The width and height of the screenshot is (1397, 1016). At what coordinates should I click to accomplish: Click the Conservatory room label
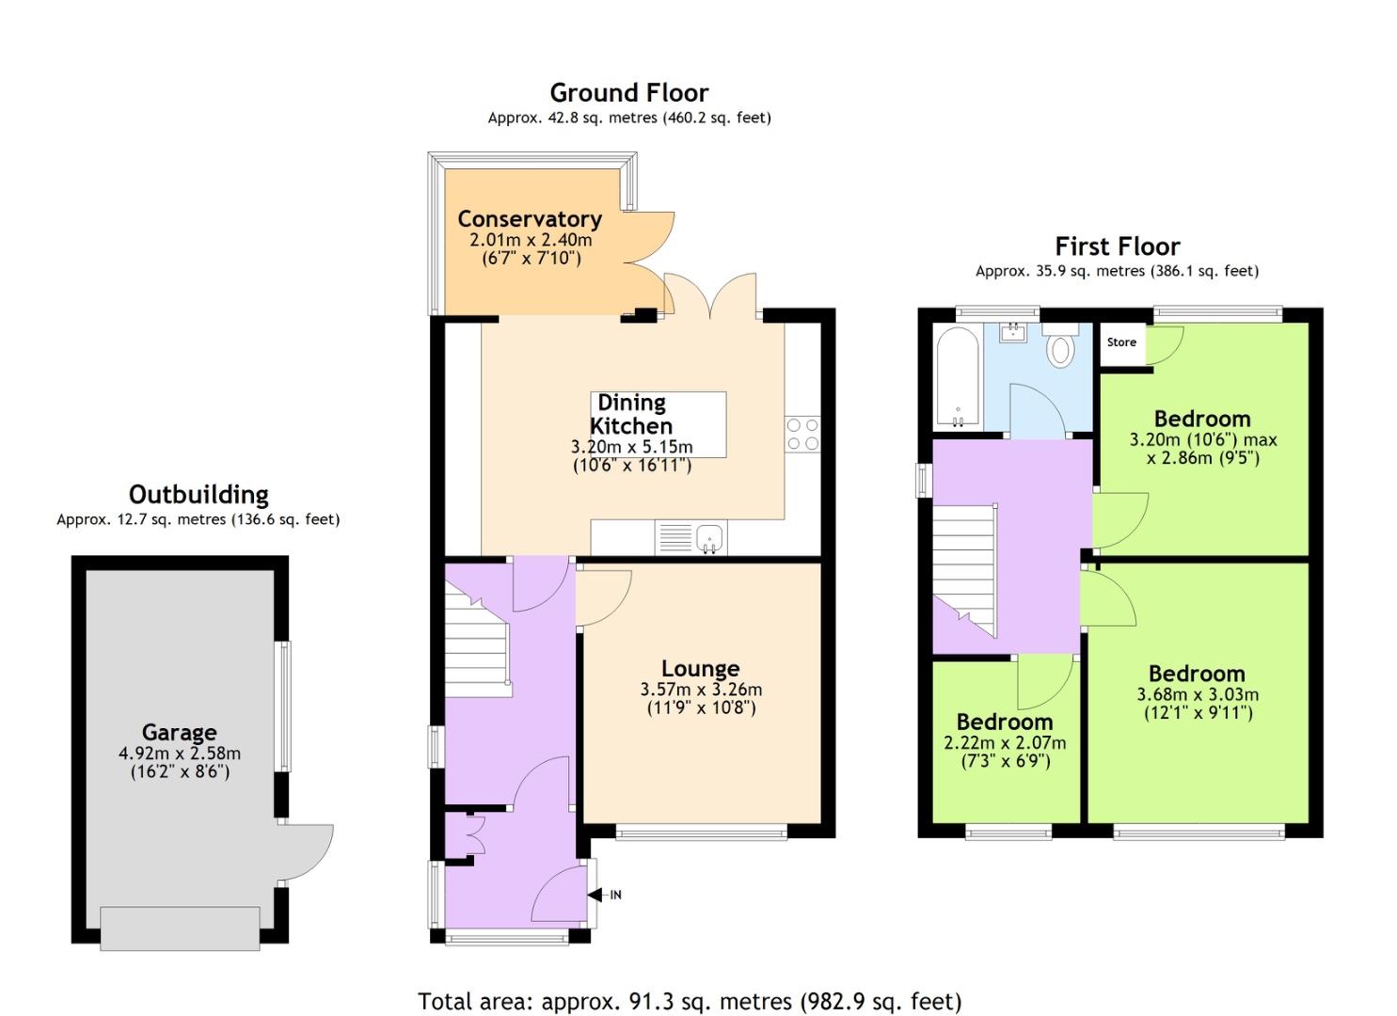click(x=530, y=219)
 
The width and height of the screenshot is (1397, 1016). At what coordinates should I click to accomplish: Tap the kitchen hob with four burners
click(x=802, y=434)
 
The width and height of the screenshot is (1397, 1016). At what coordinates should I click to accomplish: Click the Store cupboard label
click(x=1121, y=342)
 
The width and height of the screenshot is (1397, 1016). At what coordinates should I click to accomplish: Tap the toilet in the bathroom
click(x=1059, y=345)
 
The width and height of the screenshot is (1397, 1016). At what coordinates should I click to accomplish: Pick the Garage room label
click(x=180, y=732)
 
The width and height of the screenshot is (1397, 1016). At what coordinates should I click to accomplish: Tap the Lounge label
click(x=700, y=669)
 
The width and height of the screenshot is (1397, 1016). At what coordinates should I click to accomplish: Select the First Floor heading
click(x=1118, y=246)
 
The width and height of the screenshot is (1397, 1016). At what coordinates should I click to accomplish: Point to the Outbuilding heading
click(x=198, y=495)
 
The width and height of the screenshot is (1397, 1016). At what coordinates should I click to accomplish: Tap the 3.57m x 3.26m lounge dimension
click(x=701, y=690)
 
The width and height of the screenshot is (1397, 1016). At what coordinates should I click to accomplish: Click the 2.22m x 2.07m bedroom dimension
click(x=1005, y=743)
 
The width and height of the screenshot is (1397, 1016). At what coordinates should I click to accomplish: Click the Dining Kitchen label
click(x=631, y=414)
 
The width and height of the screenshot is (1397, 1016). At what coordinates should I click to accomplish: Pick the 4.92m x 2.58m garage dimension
click(x=180, y=753)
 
